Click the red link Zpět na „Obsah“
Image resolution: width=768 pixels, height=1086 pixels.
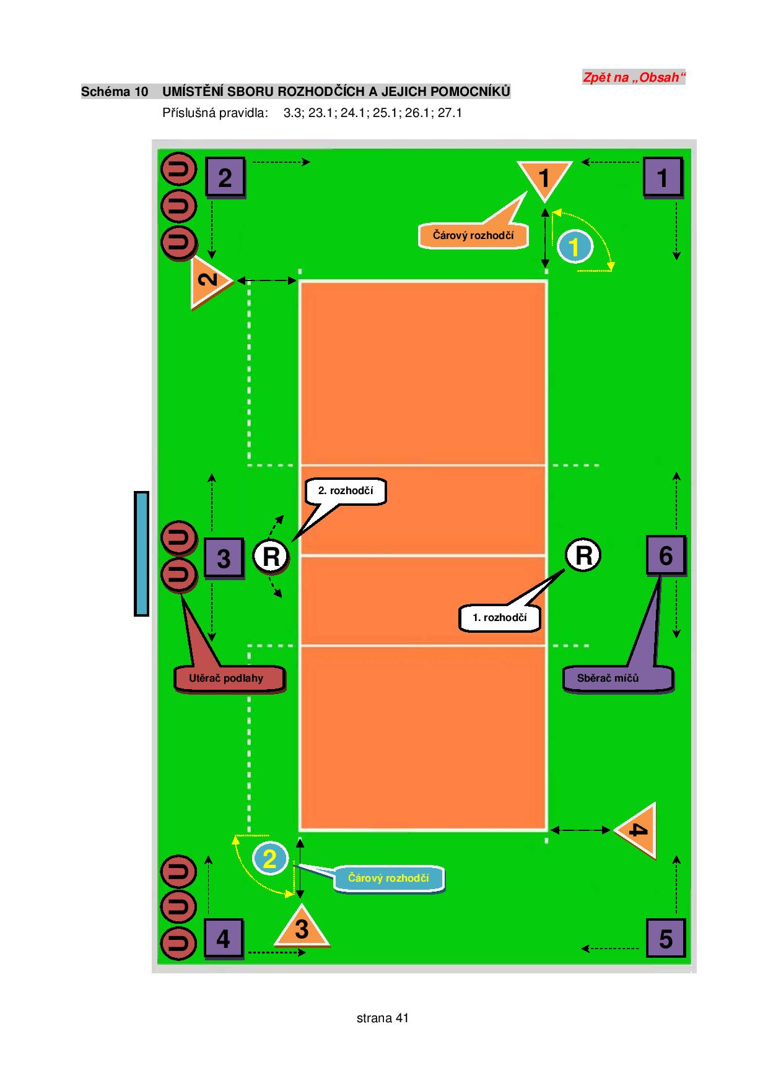(634, 77)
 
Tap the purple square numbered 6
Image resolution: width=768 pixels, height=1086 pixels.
(666, 556)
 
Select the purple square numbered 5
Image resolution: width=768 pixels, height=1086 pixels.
(666, 939)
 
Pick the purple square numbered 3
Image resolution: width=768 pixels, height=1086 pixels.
(224, 558)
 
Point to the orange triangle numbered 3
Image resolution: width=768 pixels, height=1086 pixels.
(301, 927)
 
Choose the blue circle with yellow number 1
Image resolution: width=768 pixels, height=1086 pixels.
(574, 247)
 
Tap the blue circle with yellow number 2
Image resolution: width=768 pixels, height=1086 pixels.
(269, 859)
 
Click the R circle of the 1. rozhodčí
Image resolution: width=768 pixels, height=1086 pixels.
(583, 555)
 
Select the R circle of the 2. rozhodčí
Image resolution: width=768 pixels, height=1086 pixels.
(271, 557)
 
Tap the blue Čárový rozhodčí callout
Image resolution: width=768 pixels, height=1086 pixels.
(389, 879)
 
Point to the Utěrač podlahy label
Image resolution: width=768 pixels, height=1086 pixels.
(229, 679)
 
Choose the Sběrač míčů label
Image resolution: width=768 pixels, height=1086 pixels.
(617, 679)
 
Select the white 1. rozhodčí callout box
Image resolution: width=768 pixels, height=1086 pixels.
(500, 618)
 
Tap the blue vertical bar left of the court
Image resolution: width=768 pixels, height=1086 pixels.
(142, 554)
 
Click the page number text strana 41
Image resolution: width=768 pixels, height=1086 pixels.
(383, 1018)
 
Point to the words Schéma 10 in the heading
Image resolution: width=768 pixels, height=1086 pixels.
(115, 92)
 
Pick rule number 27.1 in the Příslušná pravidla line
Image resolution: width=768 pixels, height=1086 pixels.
(450, 113)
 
